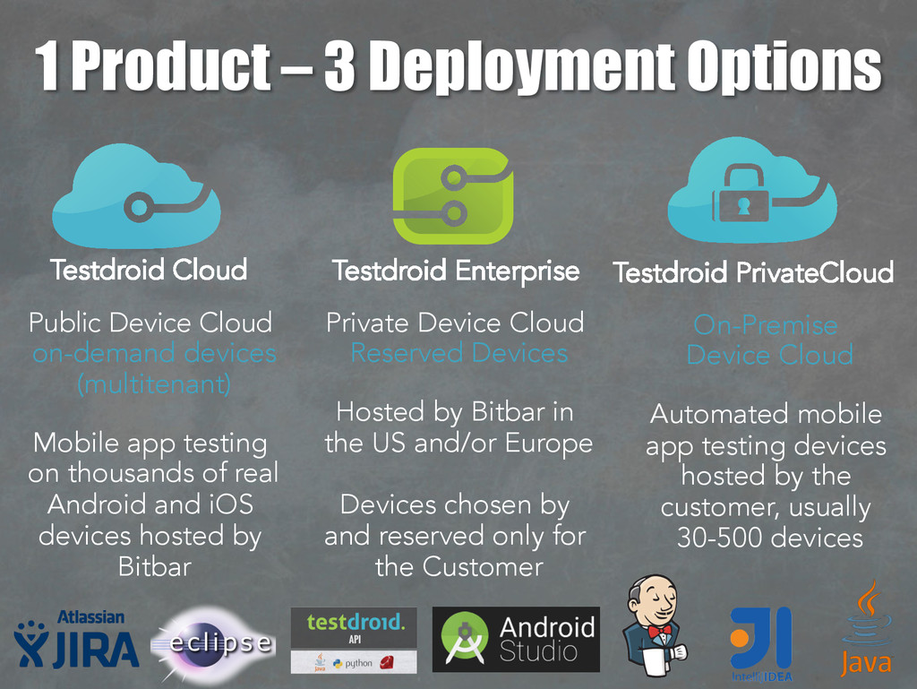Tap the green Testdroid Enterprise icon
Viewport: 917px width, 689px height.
point(453,195)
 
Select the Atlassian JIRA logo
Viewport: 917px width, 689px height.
point(76,641)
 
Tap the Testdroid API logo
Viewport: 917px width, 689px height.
point(354,641)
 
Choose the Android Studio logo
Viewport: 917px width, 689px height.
point(516,640)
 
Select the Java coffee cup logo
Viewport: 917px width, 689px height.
point(865,627)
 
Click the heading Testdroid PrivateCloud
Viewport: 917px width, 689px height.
point(752,272)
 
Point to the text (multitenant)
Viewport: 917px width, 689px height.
point(154,384)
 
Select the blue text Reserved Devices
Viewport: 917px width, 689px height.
point(458,353)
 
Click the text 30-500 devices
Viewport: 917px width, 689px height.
point(769,538)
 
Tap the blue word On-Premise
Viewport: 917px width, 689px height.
point(765,324)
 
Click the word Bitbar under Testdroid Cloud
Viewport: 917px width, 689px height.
point(154,566)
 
